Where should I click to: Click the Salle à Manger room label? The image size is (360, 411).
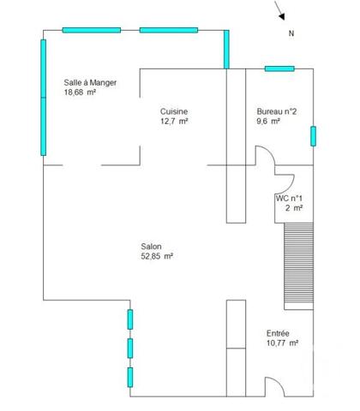(x=90, y=82)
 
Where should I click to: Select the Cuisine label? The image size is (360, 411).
(x=174, y=111)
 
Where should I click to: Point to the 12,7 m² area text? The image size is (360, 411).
(x=174, y=122)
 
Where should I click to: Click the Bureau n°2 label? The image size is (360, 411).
(x=276, y=111)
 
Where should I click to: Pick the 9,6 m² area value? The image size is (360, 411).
(x=269, y=122)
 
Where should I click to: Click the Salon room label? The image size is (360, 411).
(x=152, y=245)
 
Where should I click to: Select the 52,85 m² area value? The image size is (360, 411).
(x=158, y=255)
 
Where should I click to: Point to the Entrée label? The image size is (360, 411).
(x=277, y=333)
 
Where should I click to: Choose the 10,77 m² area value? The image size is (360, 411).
(x=282, y=343)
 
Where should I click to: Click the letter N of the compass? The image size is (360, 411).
(x=291, y=33)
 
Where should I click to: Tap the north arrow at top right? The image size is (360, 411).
(x=280, y=11)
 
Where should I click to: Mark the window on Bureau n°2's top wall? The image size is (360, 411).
(x=279, y=68)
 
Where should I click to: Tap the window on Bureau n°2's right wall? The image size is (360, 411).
(x=314, y=136)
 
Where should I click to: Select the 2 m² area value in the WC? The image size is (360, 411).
(x=294, y=208)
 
